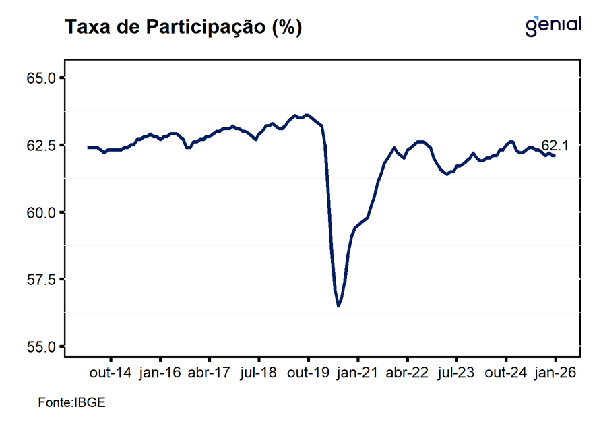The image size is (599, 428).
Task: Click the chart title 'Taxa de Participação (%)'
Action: tap(183, 28)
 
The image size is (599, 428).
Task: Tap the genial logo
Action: tap(553, 25)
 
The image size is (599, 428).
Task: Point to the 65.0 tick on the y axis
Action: tap(42, 78)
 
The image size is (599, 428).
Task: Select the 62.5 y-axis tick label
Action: tap(42, 145)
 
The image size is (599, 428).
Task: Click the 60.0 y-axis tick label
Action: tap(42, 212)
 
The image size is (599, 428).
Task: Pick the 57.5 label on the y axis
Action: tap(42, 279)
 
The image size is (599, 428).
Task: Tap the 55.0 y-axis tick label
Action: tap(42, 346)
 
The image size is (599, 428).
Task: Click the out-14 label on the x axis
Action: tap(111, 373)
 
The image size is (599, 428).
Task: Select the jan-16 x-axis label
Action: tap(160, 373)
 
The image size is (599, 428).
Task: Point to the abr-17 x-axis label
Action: tap(210, 373)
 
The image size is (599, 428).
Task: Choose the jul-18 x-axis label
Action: tap(259, 373)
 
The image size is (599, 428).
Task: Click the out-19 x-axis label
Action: tap(308, 373)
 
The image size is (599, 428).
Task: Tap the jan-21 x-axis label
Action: tap(358, 373)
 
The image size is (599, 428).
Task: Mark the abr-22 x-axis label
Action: tap(407, 373)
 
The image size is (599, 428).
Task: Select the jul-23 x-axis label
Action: tap(456, 373)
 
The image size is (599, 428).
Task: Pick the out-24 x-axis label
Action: tap(506, 373)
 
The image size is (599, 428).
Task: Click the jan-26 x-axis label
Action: tap(555, 373)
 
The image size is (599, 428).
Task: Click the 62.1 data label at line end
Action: tap(555, 145)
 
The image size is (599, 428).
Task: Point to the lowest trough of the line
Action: tap(338, 306)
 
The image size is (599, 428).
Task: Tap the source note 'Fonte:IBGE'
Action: tap(72, 402)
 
